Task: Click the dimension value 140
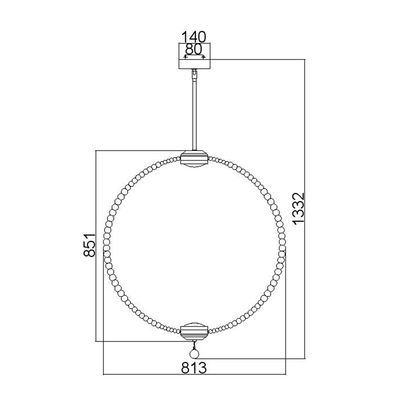click(x=194, y=36)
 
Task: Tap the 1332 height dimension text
click(x=299, y=208)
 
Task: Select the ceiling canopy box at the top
click(x=194, y=63)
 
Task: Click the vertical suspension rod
click(x=194, y=115)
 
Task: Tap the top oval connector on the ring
click(x=194, y=158)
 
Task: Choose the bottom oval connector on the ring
click(x=194, y=332)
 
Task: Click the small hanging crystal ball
click(x=194, y=354)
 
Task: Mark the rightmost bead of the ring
click(x=282, y=245)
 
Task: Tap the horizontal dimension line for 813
click(x=194, y=374)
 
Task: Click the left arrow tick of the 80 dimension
click(x=185, y=57)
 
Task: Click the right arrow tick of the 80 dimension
click(x=203, y=57)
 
